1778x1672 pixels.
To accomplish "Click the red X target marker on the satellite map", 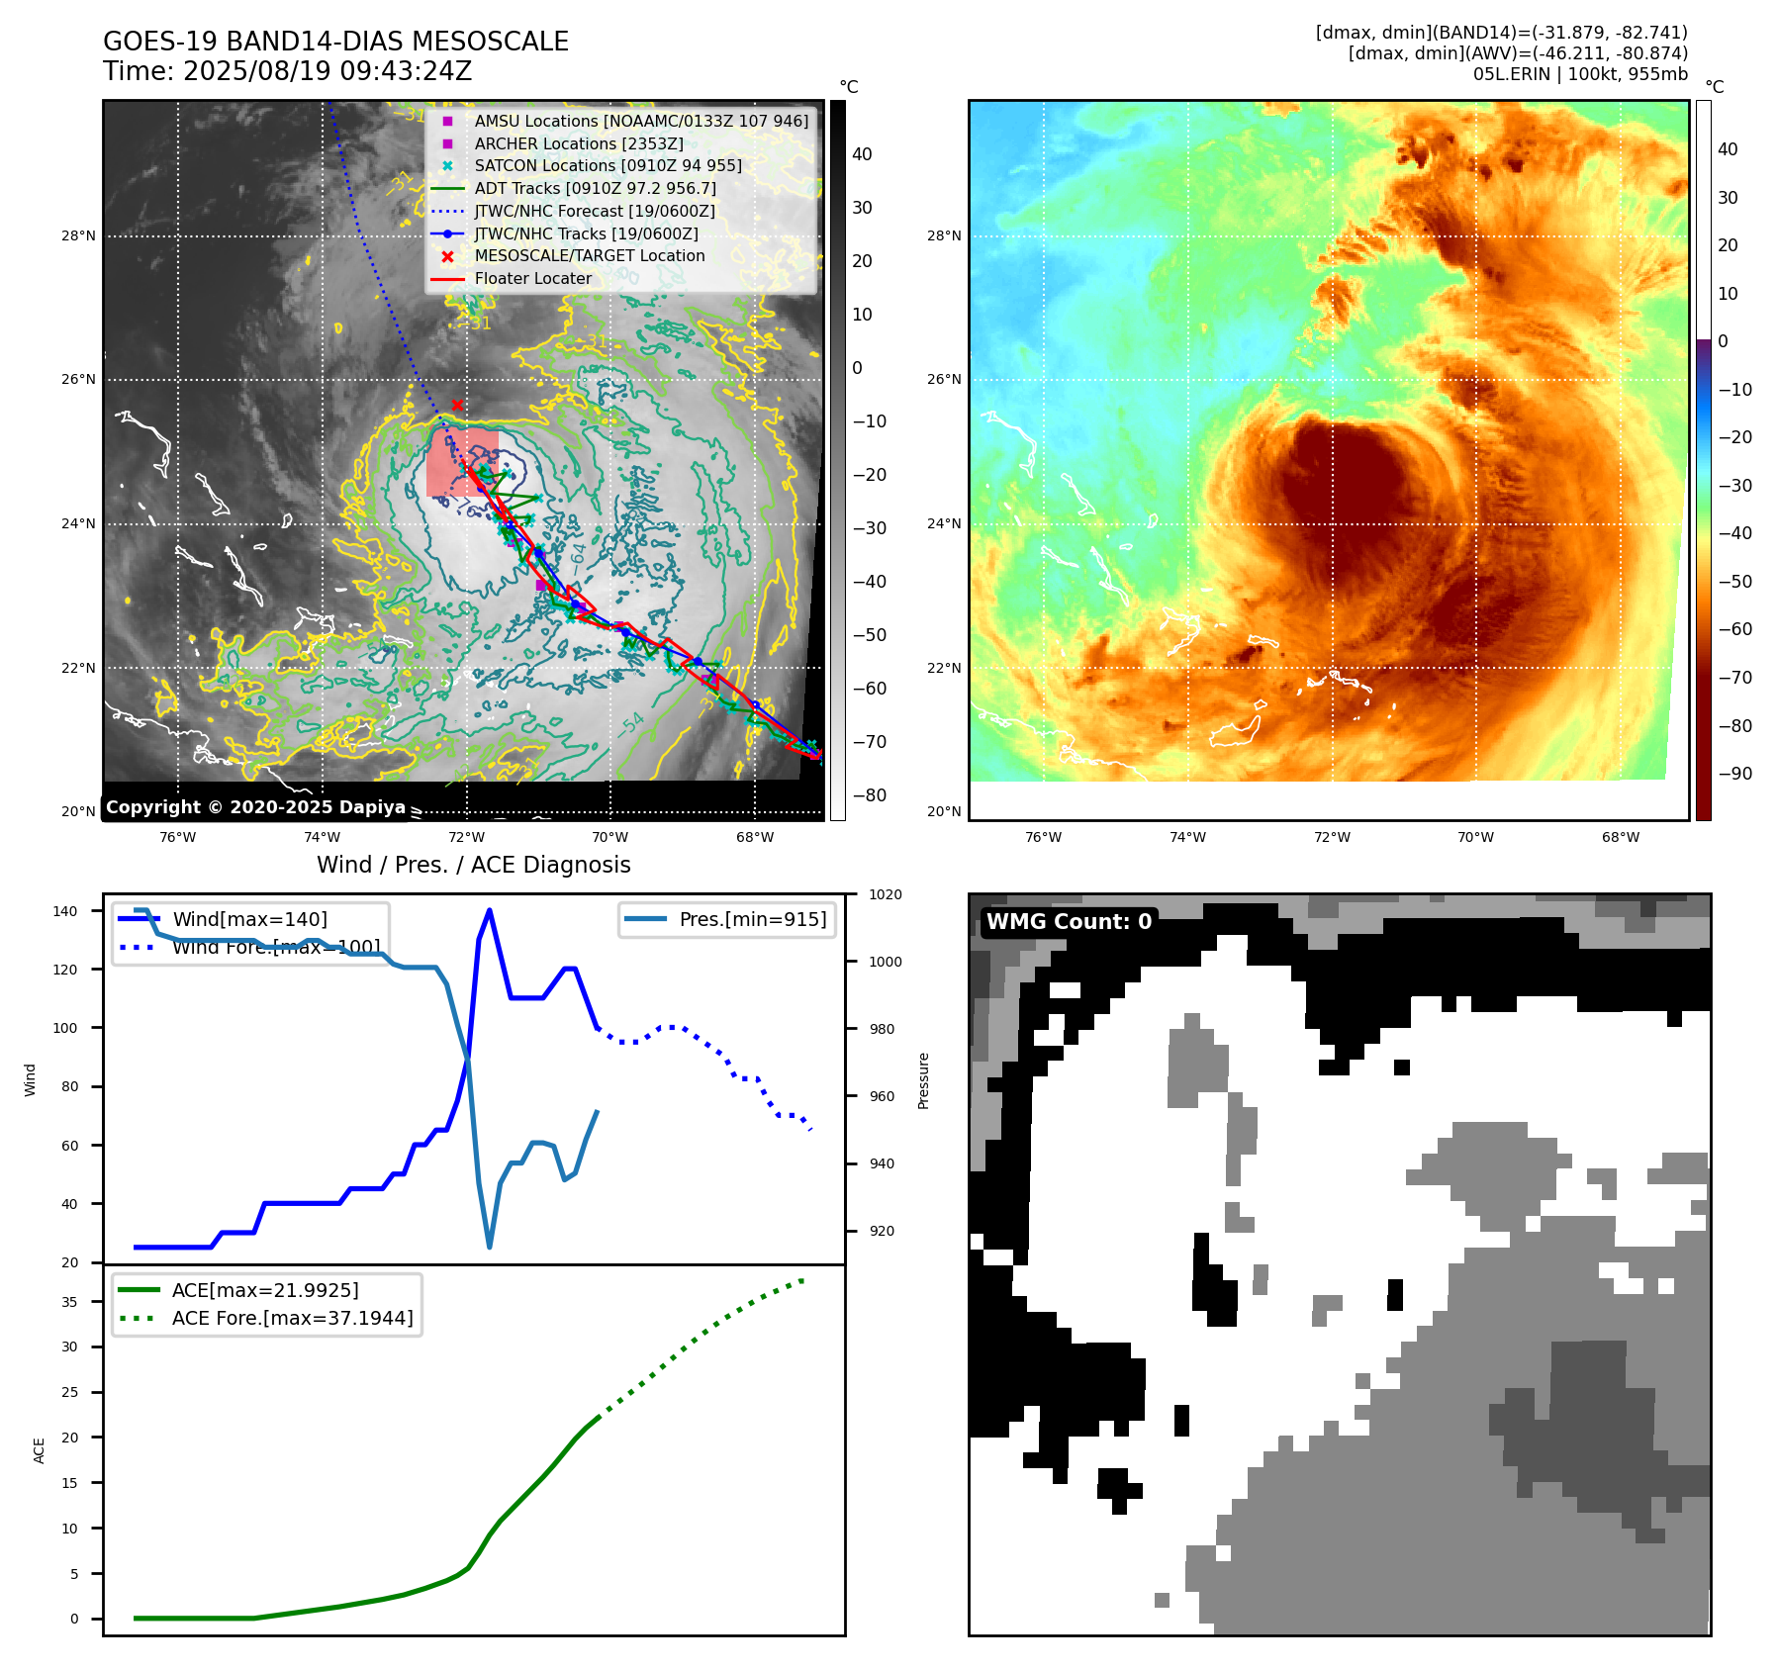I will click(x=457, y=405).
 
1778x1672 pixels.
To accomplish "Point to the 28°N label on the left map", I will click(x=78, y=235).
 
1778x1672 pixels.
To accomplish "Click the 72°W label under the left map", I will click(x=466, y=837).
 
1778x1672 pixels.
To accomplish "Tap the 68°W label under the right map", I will click(x=1621, y=837).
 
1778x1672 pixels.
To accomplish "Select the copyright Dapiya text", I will click(x=255, y=807).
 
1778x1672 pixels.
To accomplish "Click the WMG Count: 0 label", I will click(x=1069, y=921).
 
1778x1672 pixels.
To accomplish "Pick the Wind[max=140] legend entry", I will click(x=249, y=919).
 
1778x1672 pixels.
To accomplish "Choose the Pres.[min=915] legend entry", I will click(x=752, y=919).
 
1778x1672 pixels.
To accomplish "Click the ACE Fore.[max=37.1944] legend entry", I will click(x=292, y=1318).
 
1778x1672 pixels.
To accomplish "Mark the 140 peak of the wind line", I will click(x=490, y=910).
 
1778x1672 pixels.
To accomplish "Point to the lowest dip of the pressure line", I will click(x=490, y=1247).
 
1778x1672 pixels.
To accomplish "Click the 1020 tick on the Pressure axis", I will click(x=885, y=894).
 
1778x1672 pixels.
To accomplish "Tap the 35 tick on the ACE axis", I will click(x=69, y=1302).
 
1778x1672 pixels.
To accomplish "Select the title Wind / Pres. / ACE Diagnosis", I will click(x=473, y=865).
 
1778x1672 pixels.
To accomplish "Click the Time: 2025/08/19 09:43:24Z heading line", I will click(x=287, y=71).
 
